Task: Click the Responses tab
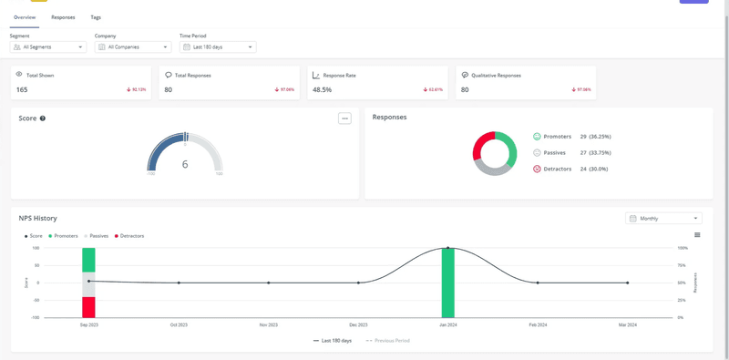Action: (x=63, y=17)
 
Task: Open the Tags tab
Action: (x=96, y=17)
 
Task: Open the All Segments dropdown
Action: (x=48, y=46)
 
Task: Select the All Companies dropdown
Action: (x=133, y=46)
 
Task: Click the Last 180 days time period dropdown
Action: (x=218, y=46)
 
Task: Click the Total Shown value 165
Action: (x=22, y=90)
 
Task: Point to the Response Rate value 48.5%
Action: (x=322, y=90)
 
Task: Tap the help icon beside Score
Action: (x=43, y=118)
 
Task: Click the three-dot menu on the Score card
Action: (x=344, y=118)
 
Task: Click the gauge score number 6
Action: (x=185, y=164)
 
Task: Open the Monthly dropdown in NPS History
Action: (x=663, y=219)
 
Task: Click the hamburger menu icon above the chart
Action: (x=697, y=235)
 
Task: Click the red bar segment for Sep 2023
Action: (x=88, y=307)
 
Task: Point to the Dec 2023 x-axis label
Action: (x=358, y=324)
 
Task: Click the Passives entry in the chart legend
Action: (x=97, y=236)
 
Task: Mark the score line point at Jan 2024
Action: (x=447, y=248)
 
